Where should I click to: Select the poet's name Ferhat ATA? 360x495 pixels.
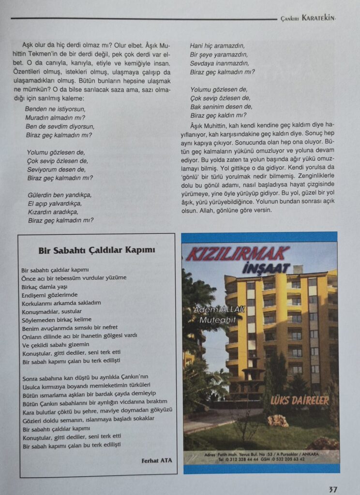coord(156,460)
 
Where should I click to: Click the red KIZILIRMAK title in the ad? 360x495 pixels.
coord(238,253)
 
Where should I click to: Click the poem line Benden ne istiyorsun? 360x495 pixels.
coord(55,109)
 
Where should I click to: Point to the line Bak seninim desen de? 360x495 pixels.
coord(221,107)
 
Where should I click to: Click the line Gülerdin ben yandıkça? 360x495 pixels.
coord(59,195)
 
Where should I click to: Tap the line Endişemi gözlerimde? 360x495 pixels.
coord(50,294)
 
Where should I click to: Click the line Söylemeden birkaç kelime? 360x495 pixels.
coord(56,320)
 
